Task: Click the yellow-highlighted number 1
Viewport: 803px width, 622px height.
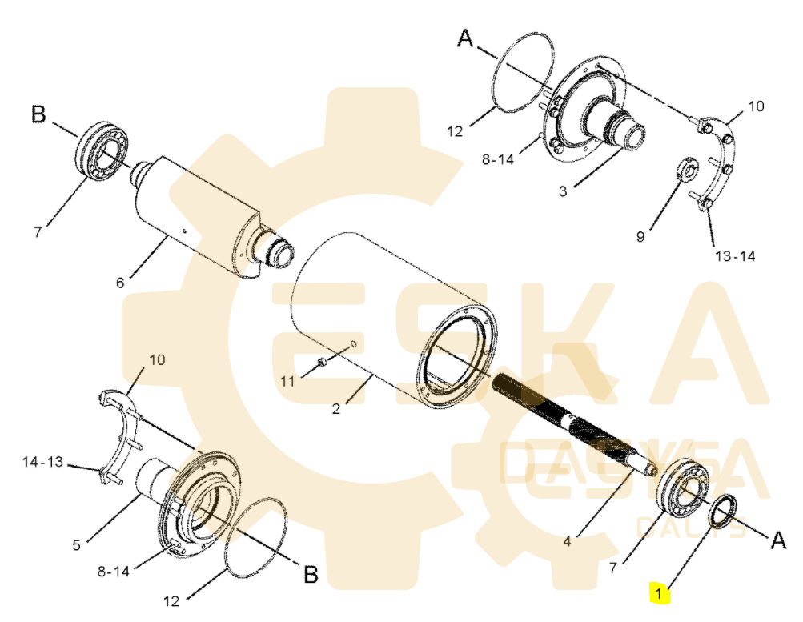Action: click(659, 594)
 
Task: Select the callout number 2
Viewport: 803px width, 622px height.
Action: click(336, 408)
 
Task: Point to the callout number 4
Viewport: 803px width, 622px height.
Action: click(567, 540)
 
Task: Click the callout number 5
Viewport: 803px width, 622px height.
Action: click(76, 545)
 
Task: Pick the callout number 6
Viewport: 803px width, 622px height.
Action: click(120, 283)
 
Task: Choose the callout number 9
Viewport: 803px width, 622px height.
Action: click(640, 236)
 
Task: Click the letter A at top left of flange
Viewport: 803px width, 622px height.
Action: click(465, 38)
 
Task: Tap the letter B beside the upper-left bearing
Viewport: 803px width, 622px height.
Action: click(38, 114)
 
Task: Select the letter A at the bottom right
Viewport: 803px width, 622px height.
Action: click(777, 541)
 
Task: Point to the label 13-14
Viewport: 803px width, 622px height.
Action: click(735, 256)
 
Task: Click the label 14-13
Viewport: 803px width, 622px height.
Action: click(42, 462)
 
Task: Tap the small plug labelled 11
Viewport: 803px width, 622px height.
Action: click(321, 362)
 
